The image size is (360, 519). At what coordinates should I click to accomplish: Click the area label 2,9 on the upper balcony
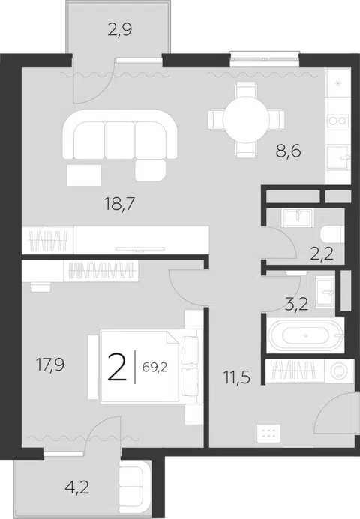coord(120,30)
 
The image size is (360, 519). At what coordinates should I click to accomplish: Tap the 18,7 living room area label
coord(120,204)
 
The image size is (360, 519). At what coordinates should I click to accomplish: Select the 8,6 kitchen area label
coord(288,151)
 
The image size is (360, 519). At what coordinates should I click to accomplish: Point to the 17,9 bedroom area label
coord(50,364)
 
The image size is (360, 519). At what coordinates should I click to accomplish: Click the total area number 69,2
coord(154,367)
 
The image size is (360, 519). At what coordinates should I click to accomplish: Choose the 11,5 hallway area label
coord(237,377)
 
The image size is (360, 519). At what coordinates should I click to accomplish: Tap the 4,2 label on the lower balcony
coord(77,487)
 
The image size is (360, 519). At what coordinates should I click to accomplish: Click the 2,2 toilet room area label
coord(322,254)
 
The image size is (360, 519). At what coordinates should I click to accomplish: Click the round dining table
coord(246,120)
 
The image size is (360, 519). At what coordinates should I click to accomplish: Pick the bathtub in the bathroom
coord(305,335)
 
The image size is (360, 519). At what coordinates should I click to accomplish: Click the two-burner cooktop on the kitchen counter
coord(337,121)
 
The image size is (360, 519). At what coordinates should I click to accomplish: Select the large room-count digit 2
coord(117,367)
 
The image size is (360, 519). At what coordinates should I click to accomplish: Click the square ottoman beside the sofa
coord(150,170)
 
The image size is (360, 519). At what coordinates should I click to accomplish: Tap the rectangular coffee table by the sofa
coord(84,175)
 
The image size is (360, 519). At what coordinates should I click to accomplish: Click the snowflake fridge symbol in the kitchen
coord(338,83)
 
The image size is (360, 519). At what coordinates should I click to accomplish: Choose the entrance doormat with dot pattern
coord(268,433)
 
